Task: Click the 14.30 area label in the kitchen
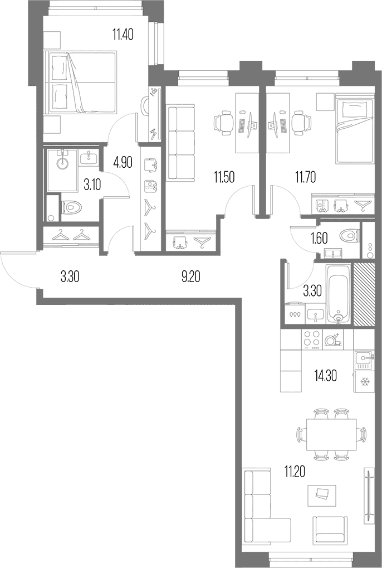[x=325, y=376]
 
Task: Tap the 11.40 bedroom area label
[x=123, y=35]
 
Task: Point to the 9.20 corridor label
[x=190, y=277]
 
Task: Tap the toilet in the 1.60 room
[x=350, y=236]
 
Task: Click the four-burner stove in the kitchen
[x=311, y=339]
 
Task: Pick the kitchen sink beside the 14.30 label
[x=363, y=358]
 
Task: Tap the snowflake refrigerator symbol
[x=364, y=382]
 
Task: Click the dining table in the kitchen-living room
[x=331, y=434]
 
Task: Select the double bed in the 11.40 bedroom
[x=81, y=82]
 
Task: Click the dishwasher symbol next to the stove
[x=332, y=339]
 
